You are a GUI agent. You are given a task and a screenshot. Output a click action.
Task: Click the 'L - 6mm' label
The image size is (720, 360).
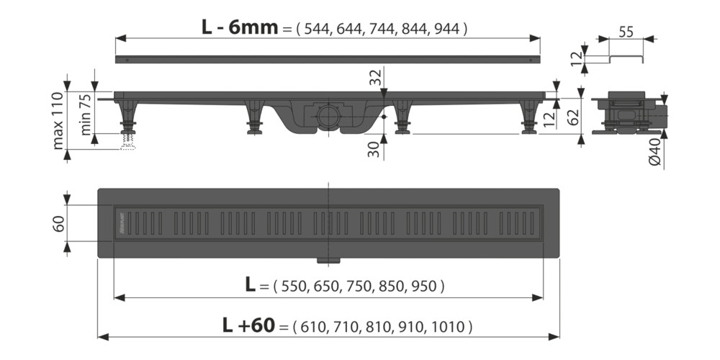point(238,27)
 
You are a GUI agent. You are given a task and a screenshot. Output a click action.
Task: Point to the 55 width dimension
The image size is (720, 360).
point(626,31)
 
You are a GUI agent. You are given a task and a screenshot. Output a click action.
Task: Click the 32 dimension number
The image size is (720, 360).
point(376,78)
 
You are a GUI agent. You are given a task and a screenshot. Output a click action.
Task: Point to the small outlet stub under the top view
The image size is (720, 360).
point(328,258)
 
